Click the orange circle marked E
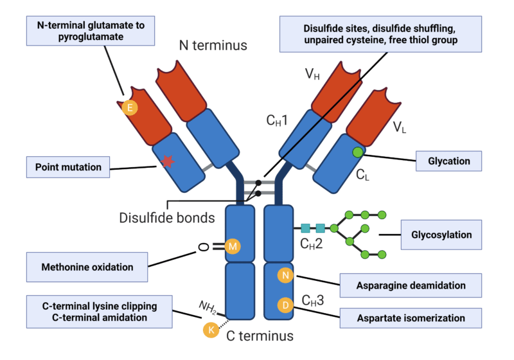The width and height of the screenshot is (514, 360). click(130, 107)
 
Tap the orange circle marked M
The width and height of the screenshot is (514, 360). click(233, 246)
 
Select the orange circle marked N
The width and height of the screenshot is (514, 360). click(285, 275)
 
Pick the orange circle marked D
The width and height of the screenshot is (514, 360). click(285, 305)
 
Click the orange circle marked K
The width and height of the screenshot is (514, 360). click(210, 329)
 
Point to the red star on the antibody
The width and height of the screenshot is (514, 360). click(167, 161)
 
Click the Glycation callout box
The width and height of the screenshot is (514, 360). click(449, 161)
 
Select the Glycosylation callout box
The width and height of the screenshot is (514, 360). click(441, 235)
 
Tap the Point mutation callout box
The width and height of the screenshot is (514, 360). click(67, 167)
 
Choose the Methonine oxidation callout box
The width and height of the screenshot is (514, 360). click(87, 267)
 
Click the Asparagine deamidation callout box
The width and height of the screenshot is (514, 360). click(411, 285)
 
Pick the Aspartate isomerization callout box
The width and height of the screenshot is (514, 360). click(411, 318)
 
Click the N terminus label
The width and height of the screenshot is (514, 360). click(213, 46)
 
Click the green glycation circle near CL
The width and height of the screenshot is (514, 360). click(357, 152)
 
